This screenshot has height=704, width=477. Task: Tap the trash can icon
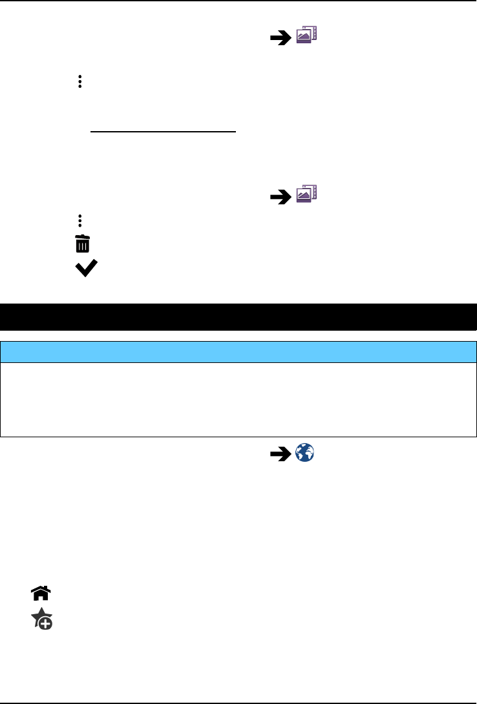[83, 244]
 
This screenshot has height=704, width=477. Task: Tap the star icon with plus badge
[42, 619]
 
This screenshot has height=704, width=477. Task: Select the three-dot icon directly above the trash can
[80, 221]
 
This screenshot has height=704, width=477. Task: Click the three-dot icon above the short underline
[80, 82]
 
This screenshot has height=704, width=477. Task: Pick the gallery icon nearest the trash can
[306, 194]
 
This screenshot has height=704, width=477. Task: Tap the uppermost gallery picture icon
[306, 37]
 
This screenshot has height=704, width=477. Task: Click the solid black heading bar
[238, 316]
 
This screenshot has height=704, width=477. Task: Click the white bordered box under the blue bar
[238, 398]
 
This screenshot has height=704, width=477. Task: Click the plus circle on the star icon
[47, 623]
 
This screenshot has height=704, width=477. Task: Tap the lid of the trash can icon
[83, 238]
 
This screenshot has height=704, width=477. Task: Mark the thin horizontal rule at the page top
[238, 1]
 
